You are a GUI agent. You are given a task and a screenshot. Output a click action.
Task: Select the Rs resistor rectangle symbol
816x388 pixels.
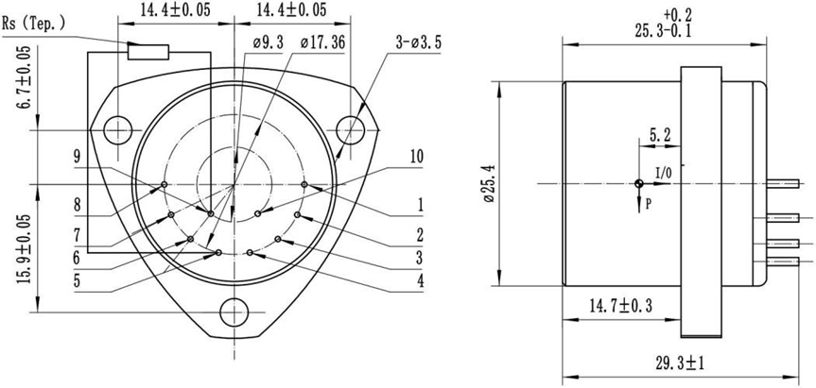pyautogui.click(x=148, y=51)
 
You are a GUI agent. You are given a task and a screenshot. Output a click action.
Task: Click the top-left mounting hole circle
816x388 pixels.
pyautogui.click(x=118, y=128)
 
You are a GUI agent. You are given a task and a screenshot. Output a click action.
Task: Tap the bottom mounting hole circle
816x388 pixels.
pyautogui.click(x=234, y=312)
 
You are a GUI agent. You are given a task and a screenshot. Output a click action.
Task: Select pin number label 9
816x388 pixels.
pyautogui.click(x=77, y=157)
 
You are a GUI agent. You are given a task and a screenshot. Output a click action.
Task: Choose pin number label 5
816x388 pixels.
pyautogui.click(x=76, y=279)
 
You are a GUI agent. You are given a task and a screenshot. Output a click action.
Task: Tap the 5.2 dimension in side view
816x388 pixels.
pyautogui.click(x=661, y=136)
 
